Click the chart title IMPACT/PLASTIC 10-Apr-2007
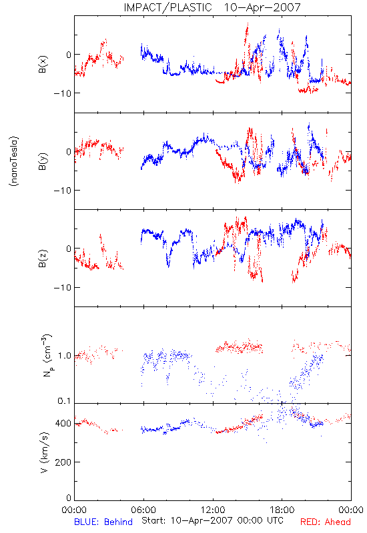(212, 7)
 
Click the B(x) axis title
(43, 64)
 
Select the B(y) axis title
(43, 161)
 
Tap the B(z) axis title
(43, 259)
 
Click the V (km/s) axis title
(43, 452)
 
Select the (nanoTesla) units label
(14, 161)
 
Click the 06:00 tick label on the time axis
(143, 510)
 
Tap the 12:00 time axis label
(213, 510)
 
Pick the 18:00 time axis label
(282, 510)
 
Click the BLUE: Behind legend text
(103, 522)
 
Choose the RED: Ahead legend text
(325, 522)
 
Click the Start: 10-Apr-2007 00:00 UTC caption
(212, 520)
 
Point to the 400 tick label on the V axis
(63, 423)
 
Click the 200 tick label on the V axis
(63, 462)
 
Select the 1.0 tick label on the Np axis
(65, 356)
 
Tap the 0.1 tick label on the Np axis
(65, 401)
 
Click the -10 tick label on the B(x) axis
(62, 93)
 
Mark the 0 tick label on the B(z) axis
(69, 249)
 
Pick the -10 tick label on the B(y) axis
(62, 191)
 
